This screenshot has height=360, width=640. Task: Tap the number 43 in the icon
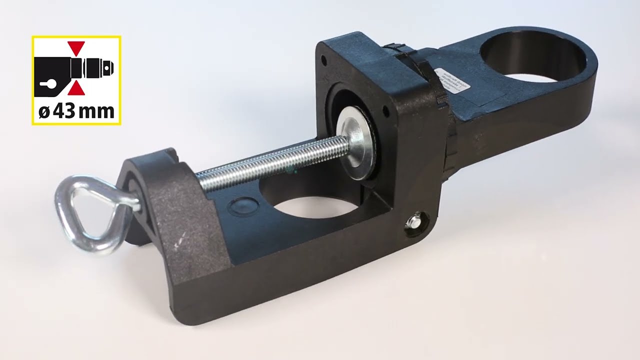tap(63, 111)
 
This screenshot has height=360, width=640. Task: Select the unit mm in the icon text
tap(98, 111)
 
